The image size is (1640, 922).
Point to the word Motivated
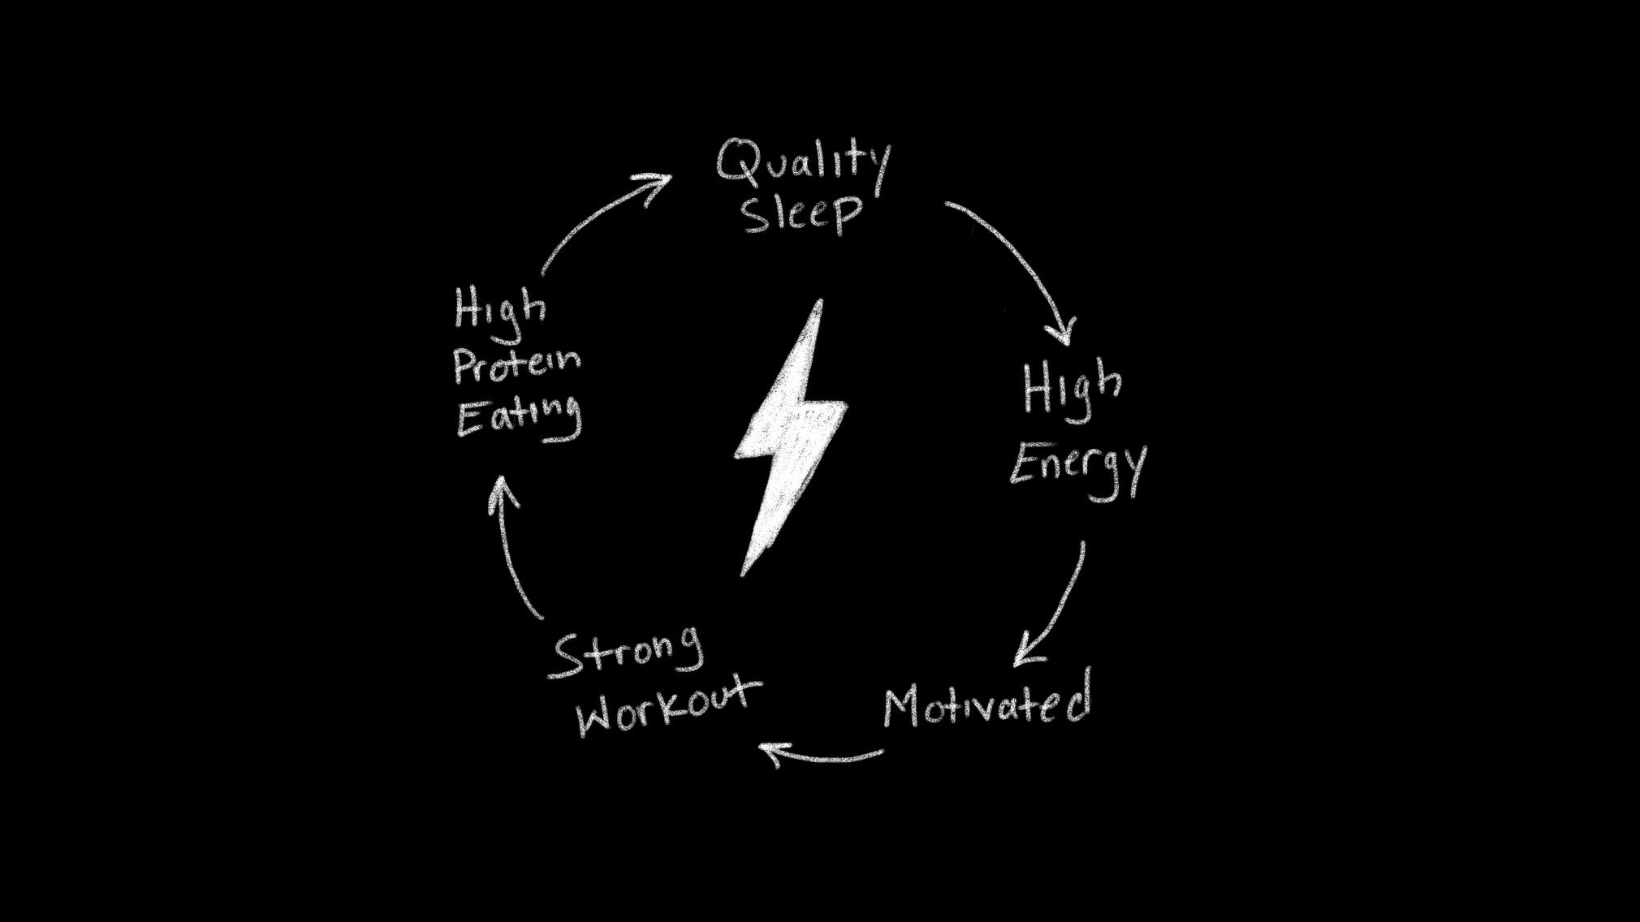986,703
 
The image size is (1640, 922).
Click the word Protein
516,366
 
